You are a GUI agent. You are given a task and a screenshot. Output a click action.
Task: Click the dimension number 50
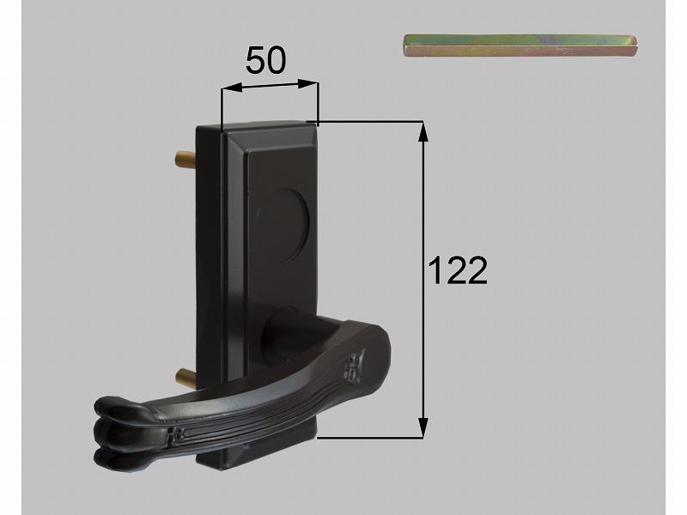(265, 60)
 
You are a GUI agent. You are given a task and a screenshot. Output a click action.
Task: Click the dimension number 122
(457, 270)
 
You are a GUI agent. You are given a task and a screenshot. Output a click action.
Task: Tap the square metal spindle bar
(520, 46)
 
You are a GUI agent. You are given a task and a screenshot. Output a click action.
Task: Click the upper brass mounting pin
(185, 157)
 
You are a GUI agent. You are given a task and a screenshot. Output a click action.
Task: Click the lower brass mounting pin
(185, 375)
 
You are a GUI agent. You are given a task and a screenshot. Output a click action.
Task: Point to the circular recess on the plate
(283, 227)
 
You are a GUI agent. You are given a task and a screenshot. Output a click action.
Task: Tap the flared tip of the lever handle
(119, 432)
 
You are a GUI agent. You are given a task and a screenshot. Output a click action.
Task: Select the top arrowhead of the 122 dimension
(423, 132)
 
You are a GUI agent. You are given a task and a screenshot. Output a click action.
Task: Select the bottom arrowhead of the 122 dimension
(423, 427)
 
